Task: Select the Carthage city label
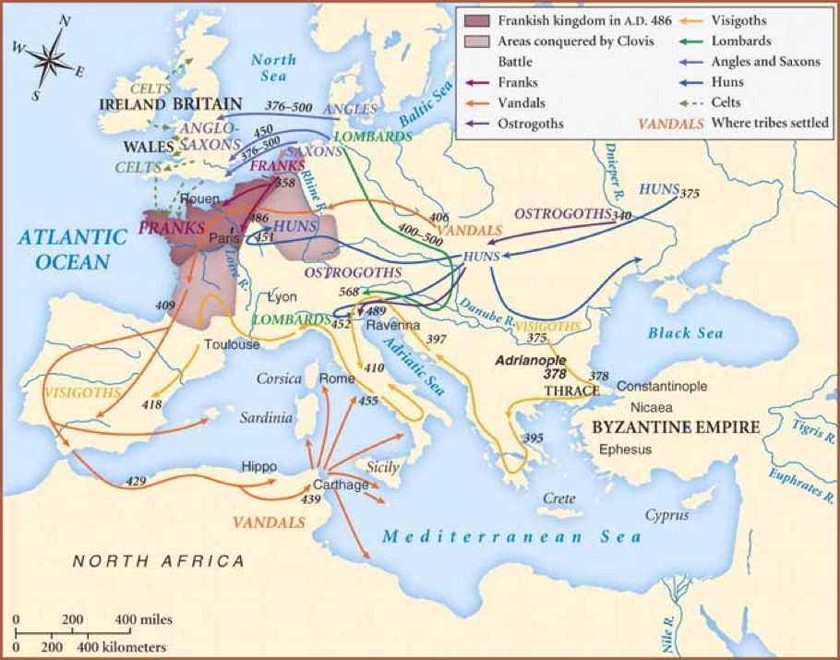(341, 485)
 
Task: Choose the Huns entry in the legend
(728, 81)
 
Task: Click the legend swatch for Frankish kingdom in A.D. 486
(477, 20)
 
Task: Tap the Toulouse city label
(232, 344)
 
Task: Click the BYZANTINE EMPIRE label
(675, 428)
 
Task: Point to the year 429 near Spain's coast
(135, 483)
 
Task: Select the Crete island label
(558, 498)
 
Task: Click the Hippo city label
(258, 466)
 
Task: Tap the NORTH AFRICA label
(159, 560)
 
